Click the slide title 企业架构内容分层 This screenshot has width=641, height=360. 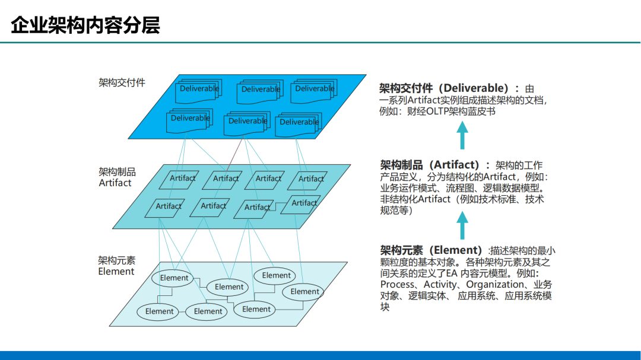[85, 26]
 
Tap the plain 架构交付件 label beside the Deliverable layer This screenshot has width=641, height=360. [122, 82]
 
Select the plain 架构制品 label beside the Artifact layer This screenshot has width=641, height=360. [117, 171]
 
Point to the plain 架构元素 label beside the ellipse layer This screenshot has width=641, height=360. [116, 260]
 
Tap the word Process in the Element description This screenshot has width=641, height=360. [398, 284]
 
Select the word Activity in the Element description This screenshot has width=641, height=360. [440, 284]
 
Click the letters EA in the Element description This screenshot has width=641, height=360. [452, 273]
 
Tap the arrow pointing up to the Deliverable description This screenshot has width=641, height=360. [462, 136]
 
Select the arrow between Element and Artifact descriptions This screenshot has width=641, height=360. [462, 227]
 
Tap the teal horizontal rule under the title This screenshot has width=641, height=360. [320, 43]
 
